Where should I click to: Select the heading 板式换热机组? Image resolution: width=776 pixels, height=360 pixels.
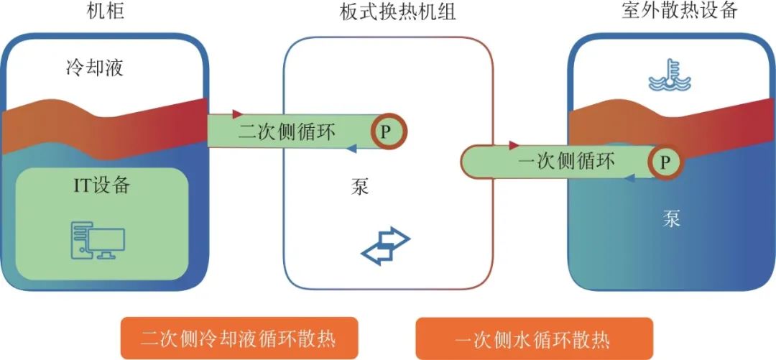coord(388,11)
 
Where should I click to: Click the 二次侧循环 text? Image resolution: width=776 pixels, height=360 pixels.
coord(287,131)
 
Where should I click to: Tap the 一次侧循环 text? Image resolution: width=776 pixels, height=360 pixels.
coord(566,162)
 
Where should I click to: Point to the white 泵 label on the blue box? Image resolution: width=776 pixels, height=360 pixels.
coord(672,218)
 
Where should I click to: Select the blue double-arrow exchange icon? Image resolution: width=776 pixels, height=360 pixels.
coord(385,245)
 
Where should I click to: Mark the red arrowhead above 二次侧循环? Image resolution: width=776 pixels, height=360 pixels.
coord(238,114)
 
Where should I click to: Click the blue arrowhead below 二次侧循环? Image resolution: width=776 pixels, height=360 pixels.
coord(352,149)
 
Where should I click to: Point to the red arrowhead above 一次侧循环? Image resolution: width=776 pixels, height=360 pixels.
coord(514,145)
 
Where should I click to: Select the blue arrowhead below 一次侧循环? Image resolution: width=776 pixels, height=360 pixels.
coord(630,178)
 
